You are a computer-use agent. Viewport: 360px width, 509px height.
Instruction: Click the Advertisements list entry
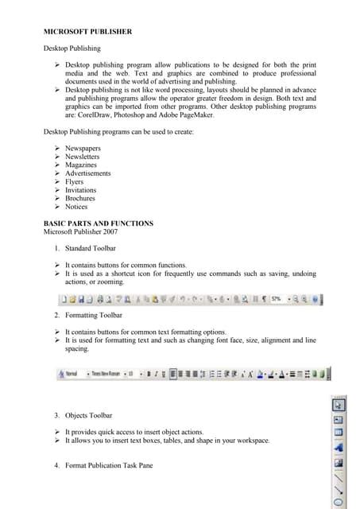[88, 173]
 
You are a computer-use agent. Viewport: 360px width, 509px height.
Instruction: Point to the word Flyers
[75, 181]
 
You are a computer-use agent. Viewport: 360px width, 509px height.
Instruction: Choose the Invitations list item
[80, 190]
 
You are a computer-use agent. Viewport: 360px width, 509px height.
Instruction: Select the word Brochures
[80, 198]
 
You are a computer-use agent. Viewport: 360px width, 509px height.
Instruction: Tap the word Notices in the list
[76, 207]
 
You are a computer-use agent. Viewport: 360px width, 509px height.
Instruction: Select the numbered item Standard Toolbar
[96, 249]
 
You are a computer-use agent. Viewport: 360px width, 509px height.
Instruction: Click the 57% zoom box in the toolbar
[277, 300]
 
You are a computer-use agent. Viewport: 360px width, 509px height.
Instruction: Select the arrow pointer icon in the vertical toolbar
[339, 405]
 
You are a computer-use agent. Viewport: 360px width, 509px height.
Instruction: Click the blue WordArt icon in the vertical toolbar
[339, 447]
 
